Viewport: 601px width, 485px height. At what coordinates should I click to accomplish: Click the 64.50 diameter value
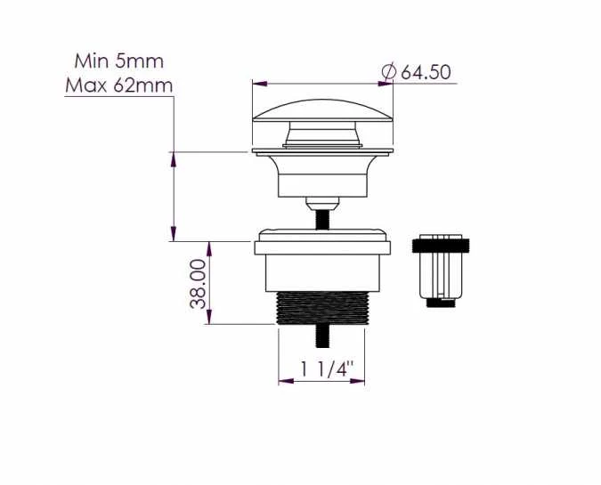click(x=426, y=72)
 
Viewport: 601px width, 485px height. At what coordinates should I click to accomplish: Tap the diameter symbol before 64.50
click(x=389, y=72)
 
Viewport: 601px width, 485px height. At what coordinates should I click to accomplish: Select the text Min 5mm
click(x=118, y=61)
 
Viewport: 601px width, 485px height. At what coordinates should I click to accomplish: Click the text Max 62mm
click(x=118, y=85)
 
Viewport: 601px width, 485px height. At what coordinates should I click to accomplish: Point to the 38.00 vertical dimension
click(x=199, y=284)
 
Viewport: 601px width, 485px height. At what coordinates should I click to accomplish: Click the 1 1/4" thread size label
click(x=326, y=369)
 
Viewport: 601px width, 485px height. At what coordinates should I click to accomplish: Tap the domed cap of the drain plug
click(x=322, y=110)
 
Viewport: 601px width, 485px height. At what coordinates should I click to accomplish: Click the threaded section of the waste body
click(x=322, y=308)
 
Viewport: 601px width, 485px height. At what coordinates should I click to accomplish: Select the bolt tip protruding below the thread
click(x=322, y=336)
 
